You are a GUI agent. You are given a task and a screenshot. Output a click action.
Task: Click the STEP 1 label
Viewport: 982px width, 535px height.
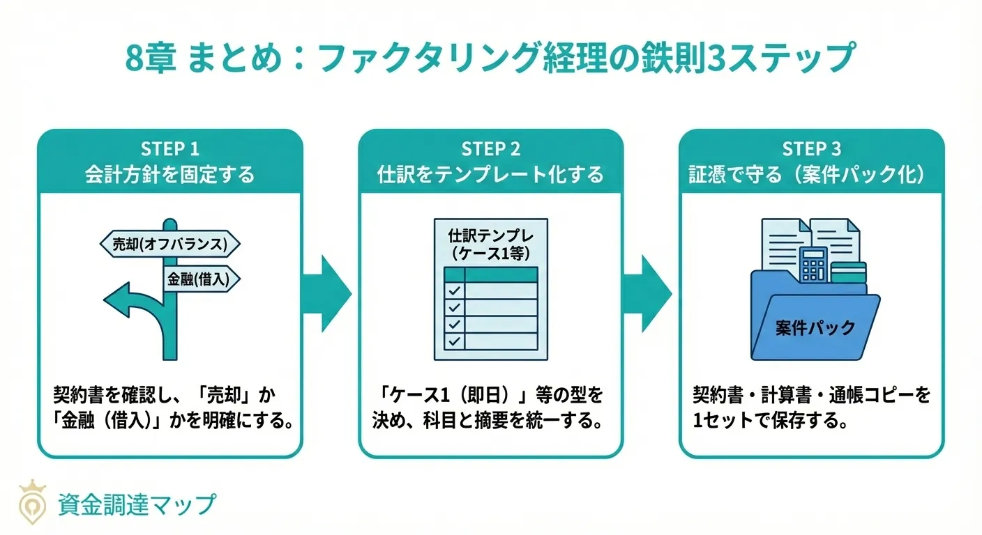(169, 149)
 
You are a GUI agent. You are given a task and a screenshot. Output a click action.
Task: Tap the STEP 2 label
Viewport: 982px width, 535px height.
(490, 149)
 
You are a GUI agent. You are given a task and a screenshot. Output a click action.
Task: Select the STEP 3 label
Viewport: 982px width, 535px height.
(811, 149)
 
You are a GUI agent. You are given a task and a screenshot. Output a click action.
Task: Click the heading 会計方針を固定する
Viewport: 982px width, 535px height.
(169, 174)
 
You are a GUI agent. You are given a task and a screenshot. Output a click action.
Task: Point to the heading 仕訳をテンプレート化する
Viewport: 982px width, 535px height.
(490, 174)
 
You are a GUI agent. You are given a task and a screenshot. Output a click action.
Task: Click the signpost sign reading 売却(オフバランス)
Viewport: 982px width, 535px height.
(170, 244)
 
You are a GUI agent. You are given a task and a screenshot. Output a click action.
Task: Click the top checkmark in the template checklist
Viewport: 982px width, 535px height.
(454, 290)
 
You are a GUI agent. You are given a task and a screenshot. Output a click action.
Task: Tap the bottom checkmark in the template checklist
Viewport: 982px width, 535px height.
(454, 341)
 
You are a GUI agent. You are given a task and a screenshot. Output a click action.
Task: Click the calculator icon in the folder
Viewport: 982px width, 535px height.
(814, 265)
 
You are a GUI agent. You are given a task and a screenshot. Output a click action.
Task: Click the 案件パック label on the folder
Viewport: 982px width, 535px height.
(815, 328)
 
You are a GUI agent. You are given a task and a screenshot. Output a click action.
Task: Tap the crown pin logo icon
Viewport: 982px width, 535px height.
(31, 502)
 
